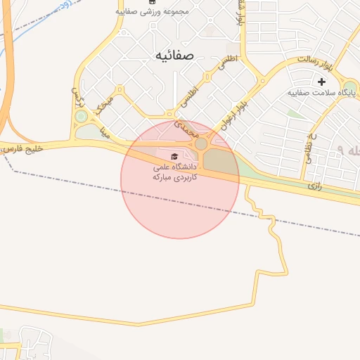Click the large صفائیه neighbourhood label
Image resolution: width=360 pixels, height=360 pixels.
pyautogui.click(x=175, y=54)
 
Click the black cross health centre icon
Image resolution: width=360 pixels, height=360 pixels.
pyautogui.click(x=322, y=82)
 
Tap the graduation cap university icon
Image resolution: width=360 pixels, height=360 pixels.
pyautogui.click(x=174, y=156)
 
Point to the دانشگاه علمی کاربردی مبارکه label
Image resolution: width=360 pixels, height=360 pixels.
pyautogui.click(x=175, y=172)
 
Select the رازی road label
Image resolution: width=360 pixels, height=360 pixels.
pyautogui.click(x=314, y=186)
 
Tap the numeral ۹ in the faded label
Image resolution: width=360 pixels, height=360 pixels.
pyautogui.click(x=341, y=150)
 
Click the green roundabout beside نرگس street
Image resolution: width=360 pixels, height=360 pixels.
pyautogui.click(x=81, y=116)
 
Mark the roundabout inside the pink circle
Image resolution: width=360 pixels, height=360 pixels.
pyautogui.click(x=201, y=143)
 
